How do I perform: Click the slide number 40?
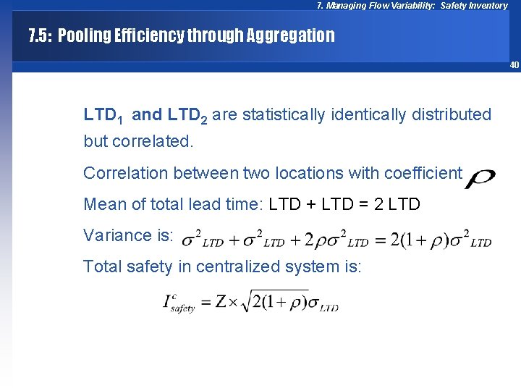coord(514,65)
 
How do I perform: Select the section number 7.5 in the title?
coord(40,35)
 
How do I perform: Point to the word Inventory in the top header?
coord(488,6)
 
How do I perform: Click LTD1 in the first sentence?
coord(103,115)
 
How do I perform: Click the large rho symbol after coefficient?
coord(480,177)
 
